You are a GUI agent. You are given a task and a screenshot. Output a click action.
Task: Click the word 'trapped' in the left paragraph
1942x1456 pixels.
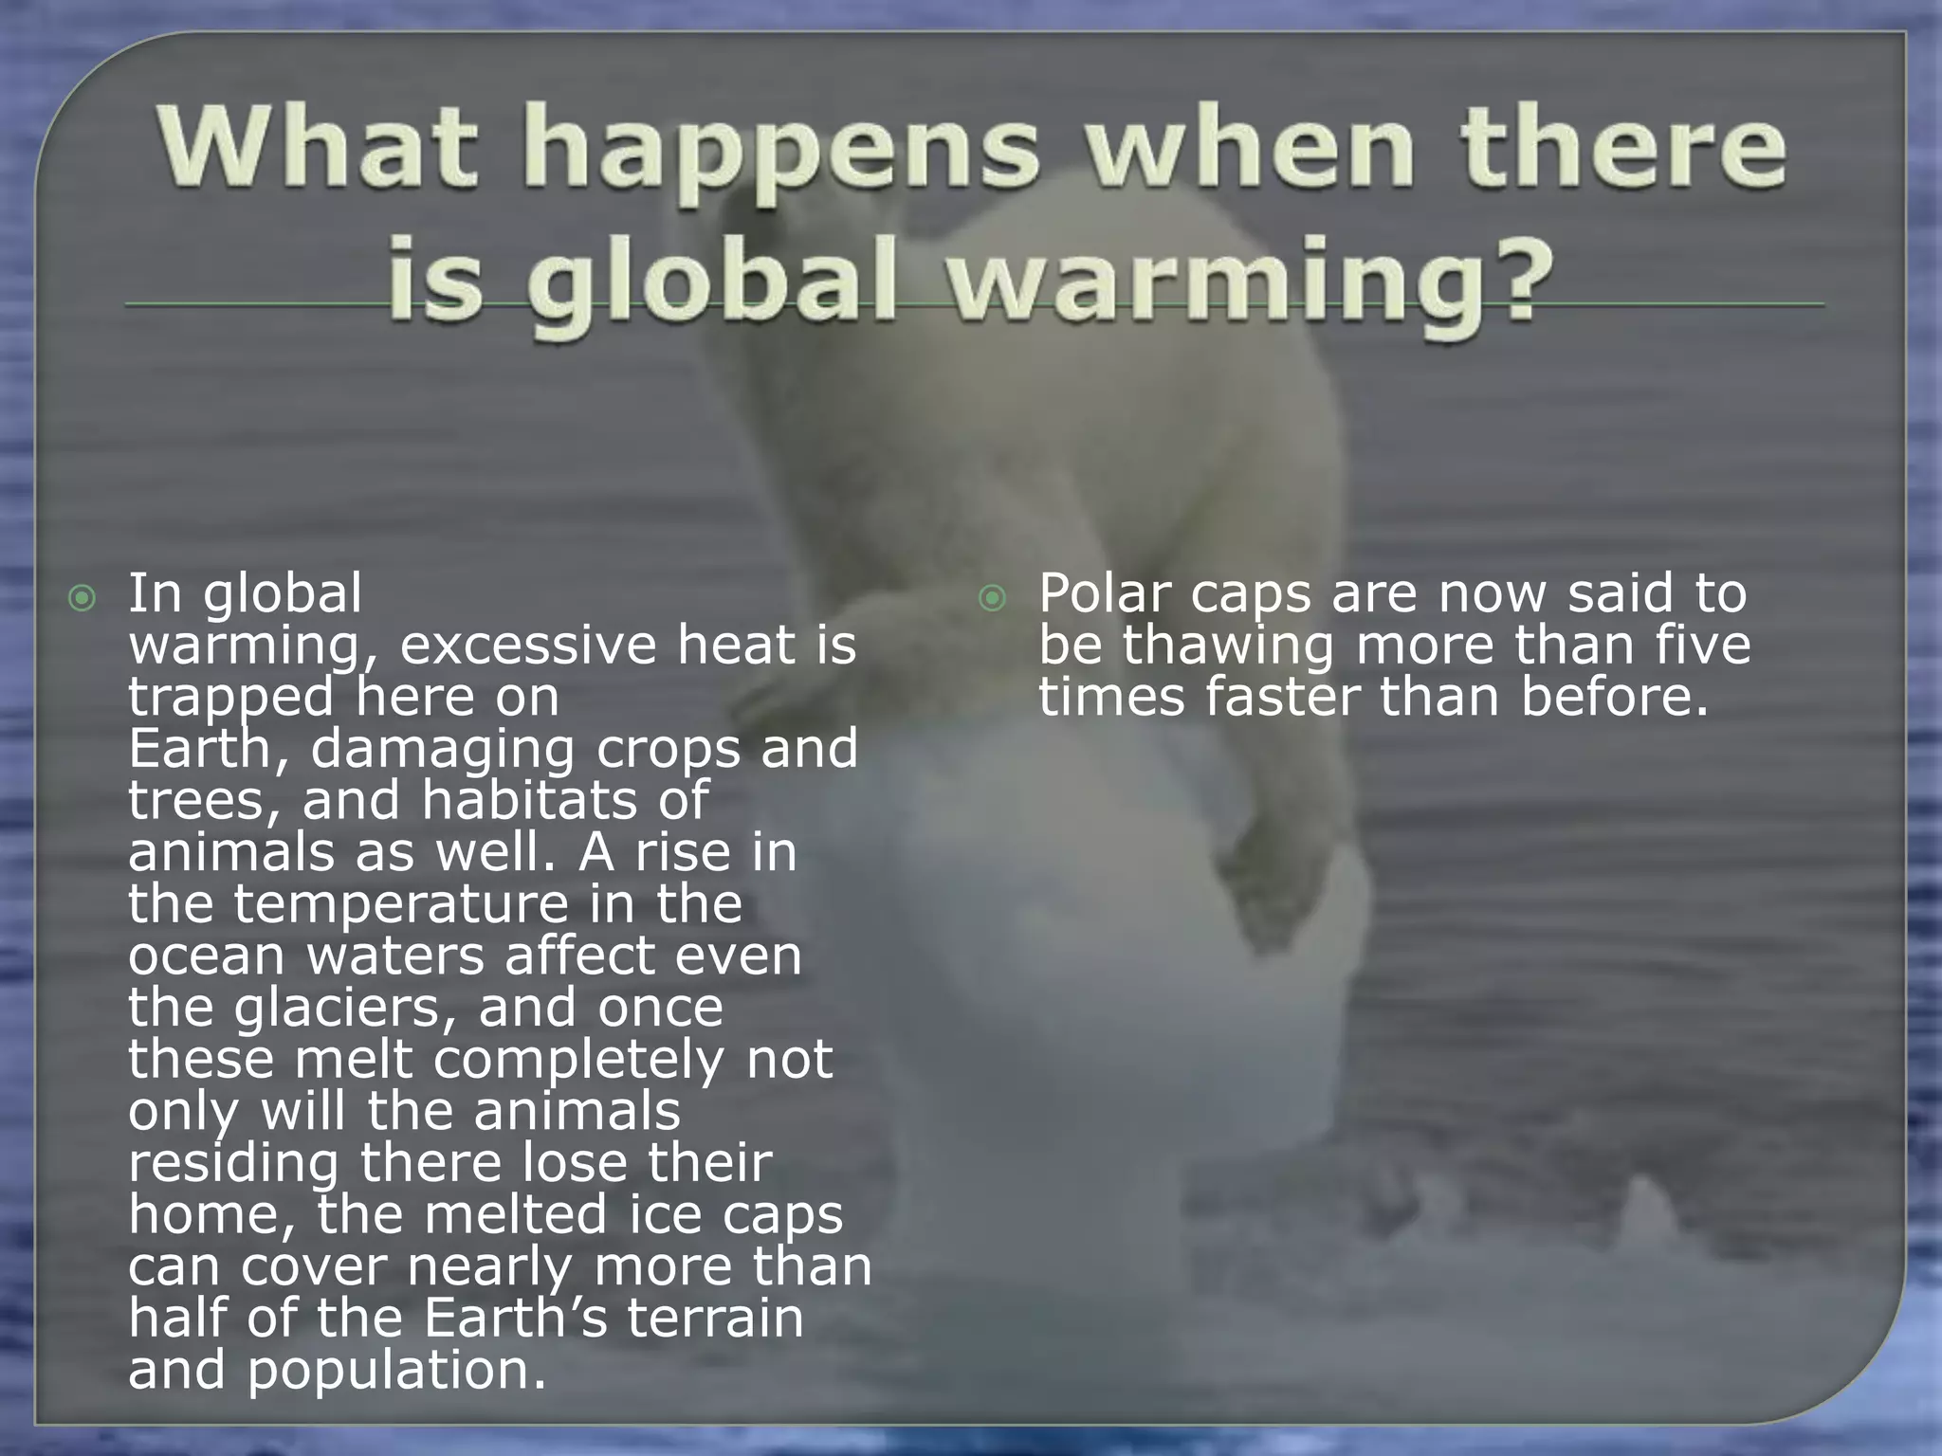click(230, 699)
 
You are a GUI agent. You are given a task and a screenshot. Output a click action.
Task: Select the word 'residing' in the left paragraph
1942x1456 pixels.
click(233, 1164)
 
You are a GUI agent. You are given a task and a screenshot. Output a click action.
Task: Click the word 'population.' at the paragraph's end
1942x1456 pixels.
click(397, 1371)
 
